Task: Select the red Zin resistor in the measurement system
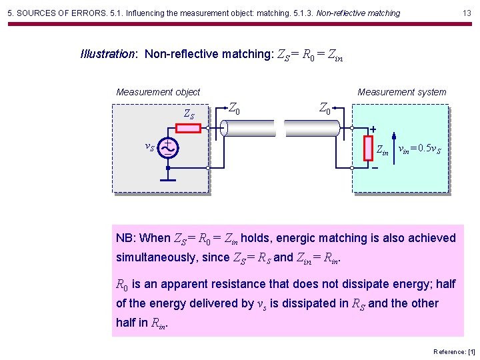tap(368, 148)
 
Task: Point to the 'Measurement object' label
tap(158, 92)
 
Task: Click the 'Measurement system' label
tap(402, 92)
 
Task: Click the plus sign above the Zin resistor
tap(373, 129)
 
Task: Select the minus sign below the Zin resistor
tap(375, 168)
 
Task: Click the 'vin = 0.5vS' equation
tap(419, 149)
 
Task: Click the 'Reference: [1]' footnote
tap(454, 351)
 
